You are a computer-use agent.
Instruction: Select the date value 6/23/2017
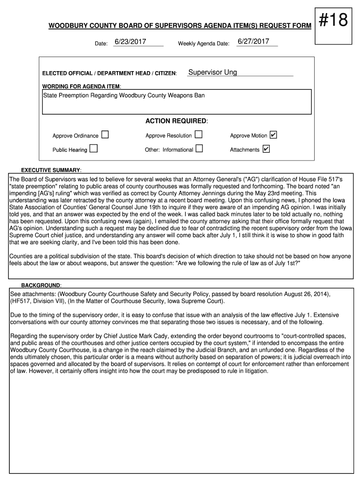130,42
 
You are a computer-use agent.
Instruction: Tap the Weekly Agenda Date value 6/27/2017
253,42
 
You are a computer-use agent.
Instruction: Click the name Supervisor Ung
212,73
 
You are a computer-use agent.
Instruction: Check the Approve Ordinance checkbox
105,135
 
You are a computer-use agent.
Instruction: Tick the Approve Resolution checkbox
199,135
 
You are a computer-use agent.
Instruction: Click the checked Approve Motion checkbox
274,135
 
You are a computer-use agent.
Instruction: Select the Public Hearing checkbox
94,149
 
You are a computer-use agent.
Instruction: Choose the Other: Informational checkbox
199,149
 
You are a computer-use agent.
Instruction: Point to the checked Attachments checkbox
266,149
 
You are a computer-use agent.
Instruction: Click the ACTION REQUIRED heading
176,121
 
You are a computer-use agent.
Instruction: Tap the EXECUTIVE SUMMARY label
51,170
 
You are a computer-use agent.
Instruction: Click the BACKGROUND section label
41,285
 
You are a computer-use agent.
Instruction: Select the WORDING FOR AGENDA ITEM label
82,87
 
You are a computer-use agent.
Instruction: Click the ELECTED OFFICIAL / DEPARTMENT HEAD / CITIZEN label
109,73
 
